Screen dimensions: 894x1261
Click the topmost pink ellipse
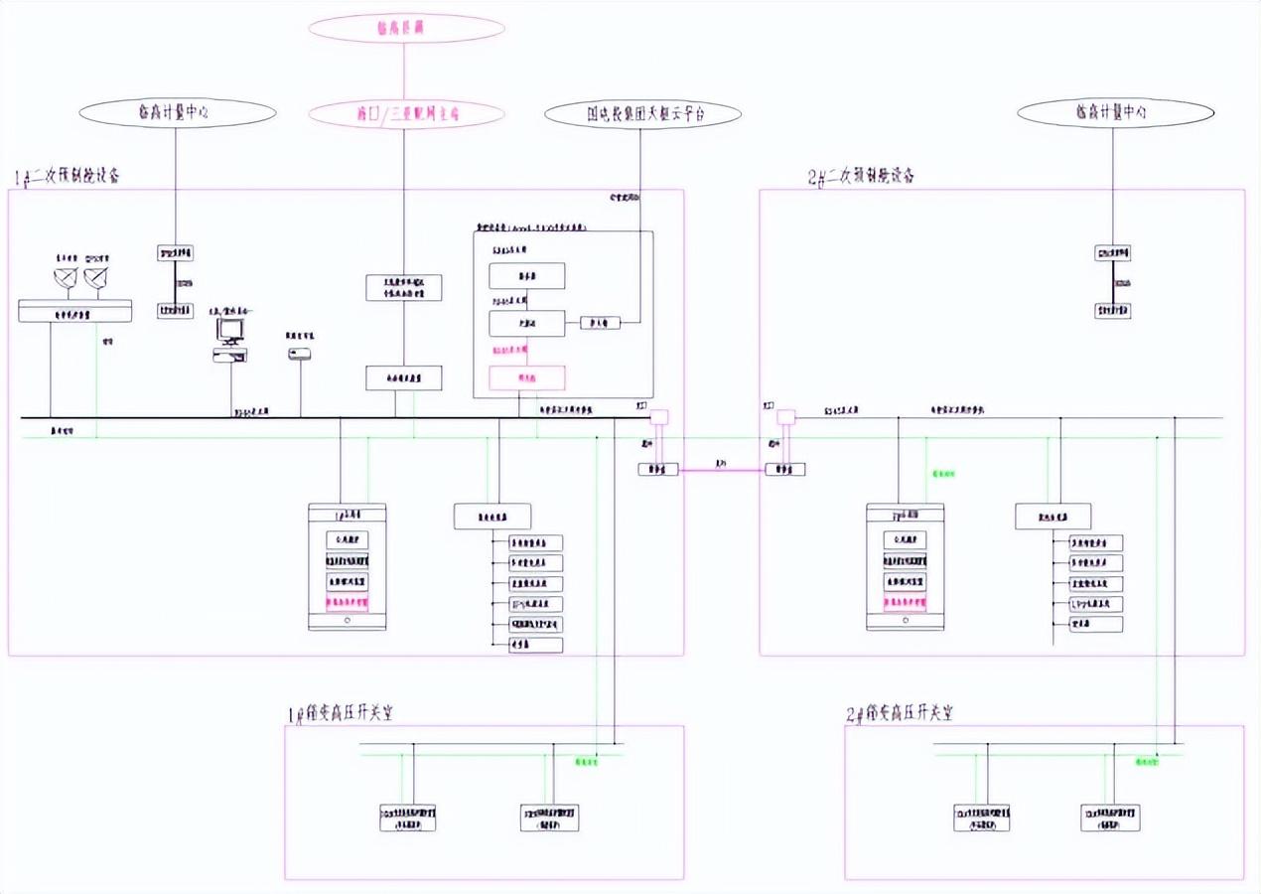point(406,28)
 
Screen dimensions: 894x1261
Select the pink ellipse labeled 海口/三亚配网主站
point(406,114)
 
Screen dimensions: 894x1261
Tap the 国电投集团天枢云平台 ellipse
point(642,114)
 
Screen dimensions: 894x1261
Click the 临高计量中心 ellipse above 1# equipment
point(176,114)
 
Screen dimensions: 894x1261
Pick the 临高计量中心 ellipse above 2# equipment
point(1114,114)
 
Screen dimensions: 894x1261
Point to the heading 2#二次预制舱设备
point(861,177)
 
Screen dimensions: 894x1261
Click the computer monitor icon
point(230,330)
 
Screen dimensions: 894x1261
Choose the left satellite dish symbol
point(66,279)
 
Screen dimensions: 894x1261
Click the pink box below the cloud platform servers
point(527,377)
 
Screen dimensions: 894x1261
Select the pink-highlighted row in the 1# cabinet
point(348,602)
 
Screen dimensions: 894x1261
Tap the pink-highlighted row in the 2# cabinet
point(905,602)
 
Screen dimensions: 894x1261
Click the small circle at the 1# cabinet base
point(348,621)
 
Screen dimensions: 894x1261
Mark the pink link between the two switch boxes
point(722,470)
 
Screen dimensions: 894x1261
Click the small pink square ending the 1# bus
point(658,417)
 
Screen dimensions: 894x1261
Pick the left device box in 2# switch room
point(982,818)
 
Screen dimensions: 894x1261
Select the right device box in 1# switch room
point(551,818)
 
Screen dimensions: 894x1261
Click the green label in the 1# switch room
point(588,762)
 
